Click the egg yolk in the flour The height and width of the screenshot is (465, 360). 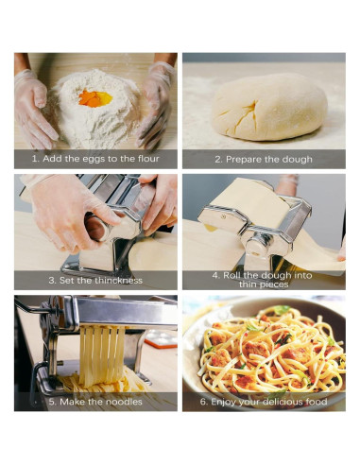click(x=95, y=98)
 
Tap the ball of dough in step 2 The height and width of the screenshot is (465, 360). click(x=269, y=107)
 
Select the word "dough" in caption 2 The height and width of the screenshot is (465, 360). click(x=297, y=159)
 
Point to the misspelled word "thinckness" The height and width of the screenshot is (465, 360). click(x=118, y=280)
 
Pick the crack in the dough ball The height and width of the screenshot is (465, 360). click(x=249, y=115)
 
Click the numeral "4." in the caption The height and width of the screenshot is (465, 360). click(x=216, y=276)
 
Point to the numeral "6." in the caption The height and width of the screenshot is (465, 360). click(x=204, y=402)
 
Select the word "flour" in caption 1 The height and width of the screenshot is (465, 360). click(x=148, y=159)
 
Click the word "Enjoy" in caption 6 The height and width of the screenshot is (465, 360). click(x=223, y=402)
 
